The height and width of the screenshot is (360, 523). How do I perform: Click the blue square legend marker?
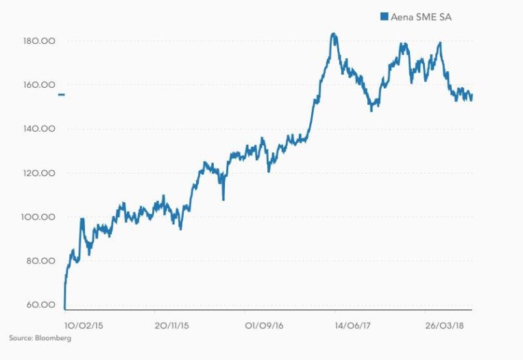coord(384,16)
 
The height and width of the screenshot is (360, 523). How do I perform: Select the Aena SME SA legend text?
coord(421,16)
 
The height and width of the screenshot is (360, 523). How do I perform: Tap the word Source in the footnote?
coord(19,338)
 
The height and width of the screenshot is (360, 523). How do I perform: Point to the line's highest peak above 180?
coord(332,34)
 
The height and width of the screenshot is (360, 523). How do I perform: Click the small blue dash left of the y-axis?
coord(61,95)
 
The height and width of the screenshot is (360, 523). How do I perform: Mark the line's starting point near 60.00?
coord(64,308)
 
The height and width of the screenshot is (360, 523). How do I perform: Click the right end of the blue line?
coord(472,96)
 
